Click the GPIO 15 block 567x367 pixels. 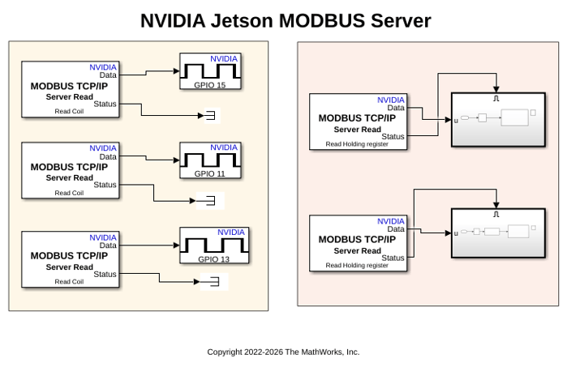210,71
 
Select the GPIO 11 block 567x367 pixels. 210,160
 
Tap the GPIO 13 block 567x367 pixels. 214,245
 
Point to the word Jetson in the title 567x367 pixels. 242,20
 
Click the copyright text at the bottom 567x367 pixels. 283,352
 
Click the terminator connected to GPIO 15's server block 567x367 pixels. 211,116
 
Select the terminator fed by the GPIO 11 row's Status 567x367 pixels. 210,200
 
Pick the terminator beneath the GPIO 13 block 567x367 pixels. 214,282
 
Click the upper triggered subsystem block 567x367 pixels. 498,120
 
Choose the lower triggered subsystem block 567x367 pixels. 498,233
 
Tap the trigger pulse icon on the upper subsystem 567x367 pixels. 496,98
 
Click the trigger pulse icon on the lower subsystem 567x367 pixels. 496,214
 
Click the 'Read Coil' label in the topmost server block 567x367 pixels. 69,111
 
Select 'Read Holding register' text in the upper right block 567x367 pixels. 357,144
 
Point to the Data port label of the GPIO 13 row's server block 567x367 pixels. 108,245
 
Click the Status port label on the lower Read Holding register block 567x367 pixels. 393,258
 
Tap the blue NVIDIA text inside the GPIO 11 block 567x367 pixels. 224,147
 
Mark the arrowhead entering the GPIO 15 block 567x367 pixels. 177,71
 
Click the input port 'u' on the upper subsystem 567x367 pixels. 456,121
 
